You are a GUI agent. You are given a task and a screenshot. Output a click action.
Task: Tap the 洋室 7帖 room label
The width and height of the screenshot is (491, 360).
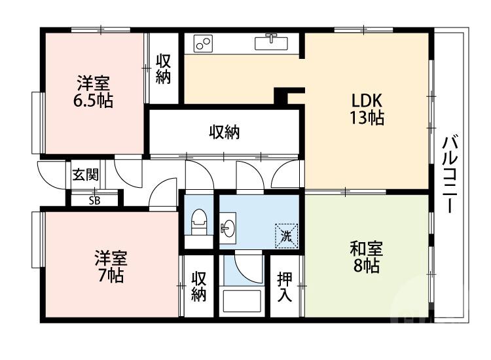(x=110, y=266)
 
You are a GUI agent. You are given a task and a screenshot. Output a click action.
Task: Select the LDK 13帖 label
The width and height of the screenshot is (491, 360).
(x=367, y=109)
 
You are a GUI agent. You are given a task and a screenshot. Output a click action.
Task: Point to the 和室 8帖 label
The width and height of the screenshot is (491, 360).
(x=366, y=258)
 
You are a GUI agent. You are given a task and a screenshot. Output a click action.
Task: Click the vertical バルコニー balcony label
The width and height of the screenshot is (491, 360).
(x=450, y=173)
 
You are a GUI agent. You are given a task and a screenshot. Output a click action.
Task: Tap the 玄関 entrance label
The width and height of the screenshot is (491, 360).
(x=86, y=175)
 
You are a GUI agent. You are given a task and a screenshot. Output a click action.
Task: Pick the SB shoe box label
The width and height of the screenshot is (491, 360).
(x=95, y=200)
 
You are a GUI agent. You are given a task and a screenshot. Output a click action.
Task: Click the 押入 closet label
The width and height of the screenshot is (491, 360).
(x=285, y=286)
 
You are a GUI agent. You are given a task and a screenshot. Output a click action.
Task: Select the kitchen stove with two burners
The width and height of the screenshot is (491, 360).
(x=203, y=44)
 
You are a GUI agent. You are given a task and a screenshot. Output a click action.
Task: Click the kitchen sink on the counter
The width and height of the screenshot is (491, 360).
(x=270, y=43)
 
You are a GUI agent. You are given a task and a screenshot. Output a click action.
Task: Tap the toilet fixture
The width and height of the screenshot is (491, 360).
(x=198, y=223)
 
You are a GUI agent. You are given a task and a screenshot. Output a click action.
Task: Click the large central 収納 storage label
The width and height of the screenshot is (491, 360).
(x=224, y=133)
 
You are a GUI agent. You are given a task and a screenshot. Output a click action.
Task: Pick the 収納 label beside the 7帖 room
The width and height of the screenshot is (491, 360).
(x=199, y=286)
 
